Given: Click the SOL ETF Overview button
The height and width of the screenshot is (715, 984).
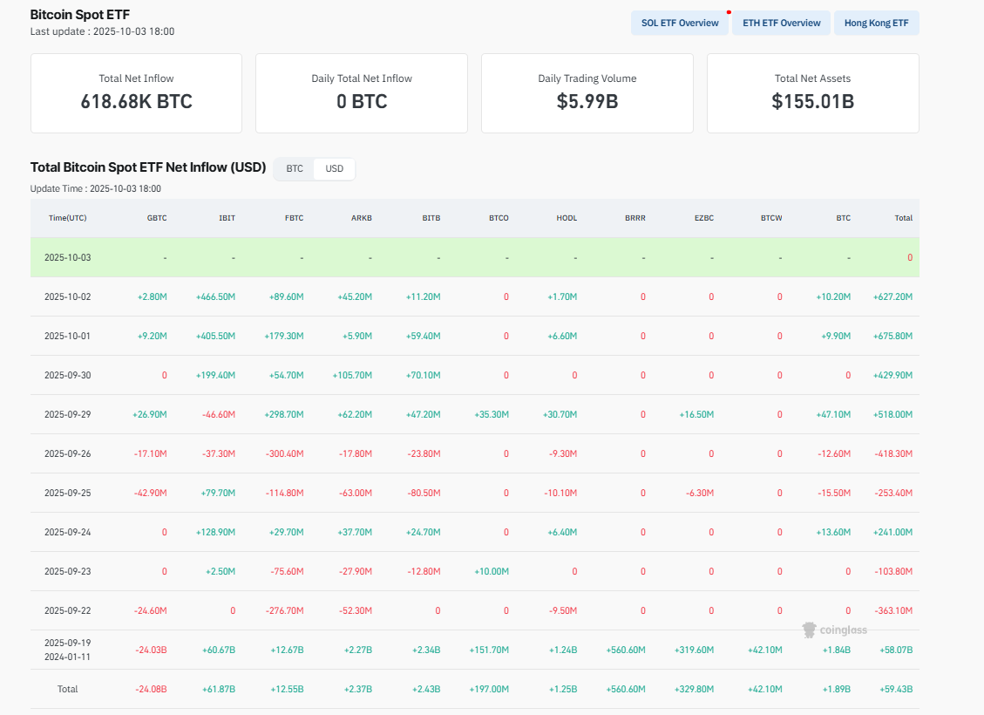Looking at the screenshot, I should [680, 23].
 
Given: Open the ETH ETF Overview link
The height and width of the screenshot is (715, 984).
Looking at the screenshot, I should [781, 23].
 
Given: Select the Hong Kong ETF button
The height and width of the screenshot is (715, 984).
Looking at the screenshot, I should [876, 23].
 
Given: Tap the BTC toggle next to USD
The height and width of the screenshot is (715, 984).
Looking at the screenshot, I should [295, 168].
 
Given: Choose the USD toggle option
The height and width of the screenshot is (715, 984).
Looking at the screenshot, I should [335, 168].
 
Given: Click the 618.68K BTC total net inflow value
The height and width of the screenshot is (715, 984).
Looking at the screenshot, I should [136, 101].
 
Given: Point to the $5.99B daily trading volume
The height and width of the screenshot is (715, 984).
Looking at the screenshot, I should [587, 101].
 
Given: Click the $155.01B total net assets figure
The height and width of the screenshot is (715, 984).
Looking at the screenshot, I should [812, 101].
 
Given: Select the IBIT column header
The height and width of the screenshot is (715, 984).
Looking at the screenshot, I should [227, 218].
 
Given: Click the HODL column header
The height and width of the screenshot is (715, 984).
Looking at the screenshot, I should [567, 218].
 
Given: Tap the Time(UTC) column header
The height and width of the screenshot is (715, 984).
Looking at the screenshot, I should [67, 218].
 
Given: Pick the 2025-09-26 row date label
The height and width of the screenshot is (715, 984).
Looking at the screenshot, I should [67, 453].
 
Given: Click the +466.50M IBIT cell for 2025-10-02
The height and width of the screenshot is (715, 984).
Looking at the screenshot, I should [215, 296].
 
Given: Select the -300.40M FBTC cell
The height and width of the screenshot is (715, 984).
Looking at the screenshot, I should [284, 453].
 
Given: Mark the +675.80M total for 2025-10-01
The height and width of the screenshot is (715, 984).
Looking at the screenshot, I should [892, 336].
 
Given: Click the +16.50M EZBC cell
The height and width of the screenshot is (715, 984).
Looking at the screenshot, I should [696, 414].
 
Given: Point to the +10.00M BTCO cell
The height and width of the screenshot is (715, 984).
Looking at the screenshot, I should [492, 571].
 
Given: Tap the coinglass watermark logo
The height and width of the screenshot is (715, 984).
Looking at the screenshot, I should [834, 630].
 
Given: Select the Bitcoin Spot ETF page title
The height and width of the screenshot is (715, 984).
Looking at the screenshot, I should [80, 15].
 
